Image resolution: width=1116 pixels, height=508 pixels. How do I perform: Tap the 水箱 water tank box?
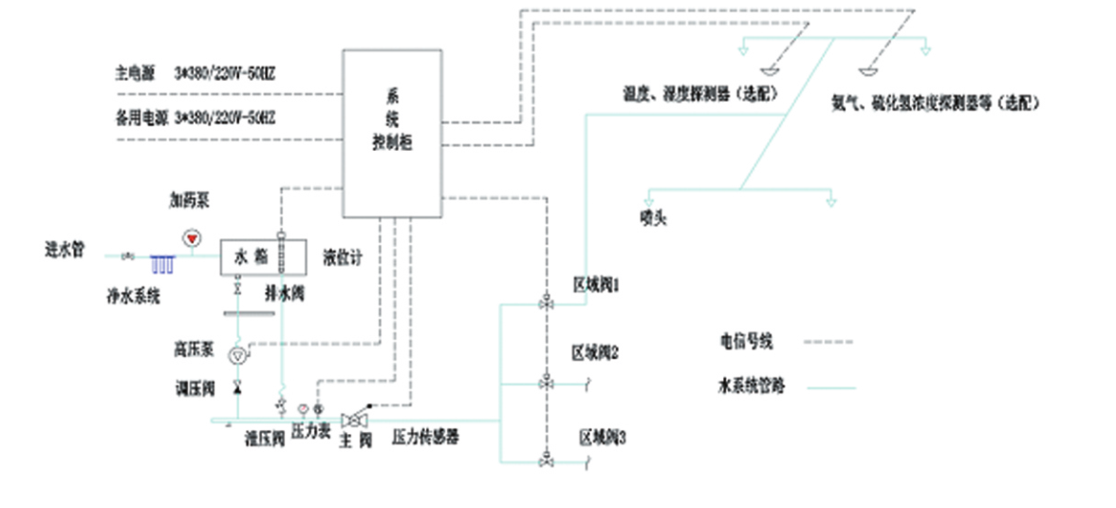[x=263, y=256]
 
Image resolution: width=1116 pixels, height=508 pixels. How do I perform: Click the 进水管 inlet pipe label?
[x=65, y=251]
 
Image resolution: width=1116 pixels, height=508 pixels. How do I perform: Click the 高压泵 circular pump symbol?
[x=237, y=355]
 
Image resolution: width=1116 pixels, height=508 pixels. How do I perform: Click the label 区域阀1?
[x=596, y=284]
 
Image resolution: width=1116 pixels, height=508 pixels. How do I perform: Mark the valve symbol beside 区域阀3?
[x=547, y=461]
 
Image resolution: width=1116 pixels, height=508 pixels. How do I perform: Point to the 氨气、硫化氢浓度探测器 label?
[x=935, y=102]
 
